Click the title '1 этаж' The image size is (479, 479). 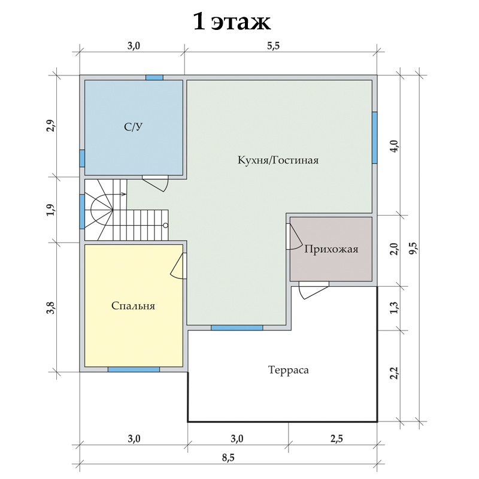tap(232, 22)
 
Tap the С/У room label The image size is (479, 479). tap(133, 127)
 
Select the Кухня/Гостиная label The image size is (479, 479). tap(278, 160)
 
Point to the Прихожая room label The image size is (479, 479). tap(331, 249)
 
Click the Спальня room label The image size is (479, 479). tap(133, 306)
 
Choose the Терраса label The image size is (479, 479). tap(289, 370)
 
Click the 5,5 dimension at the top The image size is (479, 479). tap(274, 46)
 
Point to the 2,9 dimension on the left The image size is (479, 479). tap(51, 126)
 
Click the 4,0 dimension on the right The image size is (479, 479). tap(395, 146)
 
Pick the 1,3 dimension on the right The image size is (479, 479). tap(395, 307)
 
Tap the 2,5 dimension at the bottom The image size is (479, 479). tap(336, 439)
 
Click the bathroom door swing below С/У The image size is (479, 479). tap(156, 183)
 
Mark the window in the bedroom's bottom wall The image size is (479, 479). tap(134, 369)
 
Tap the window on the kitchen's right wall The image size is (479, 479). tap(375, 138)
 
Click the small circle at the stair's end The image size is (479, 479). tap(166, 226)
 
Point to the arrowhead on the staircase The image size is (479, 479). tap(125, 194)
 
